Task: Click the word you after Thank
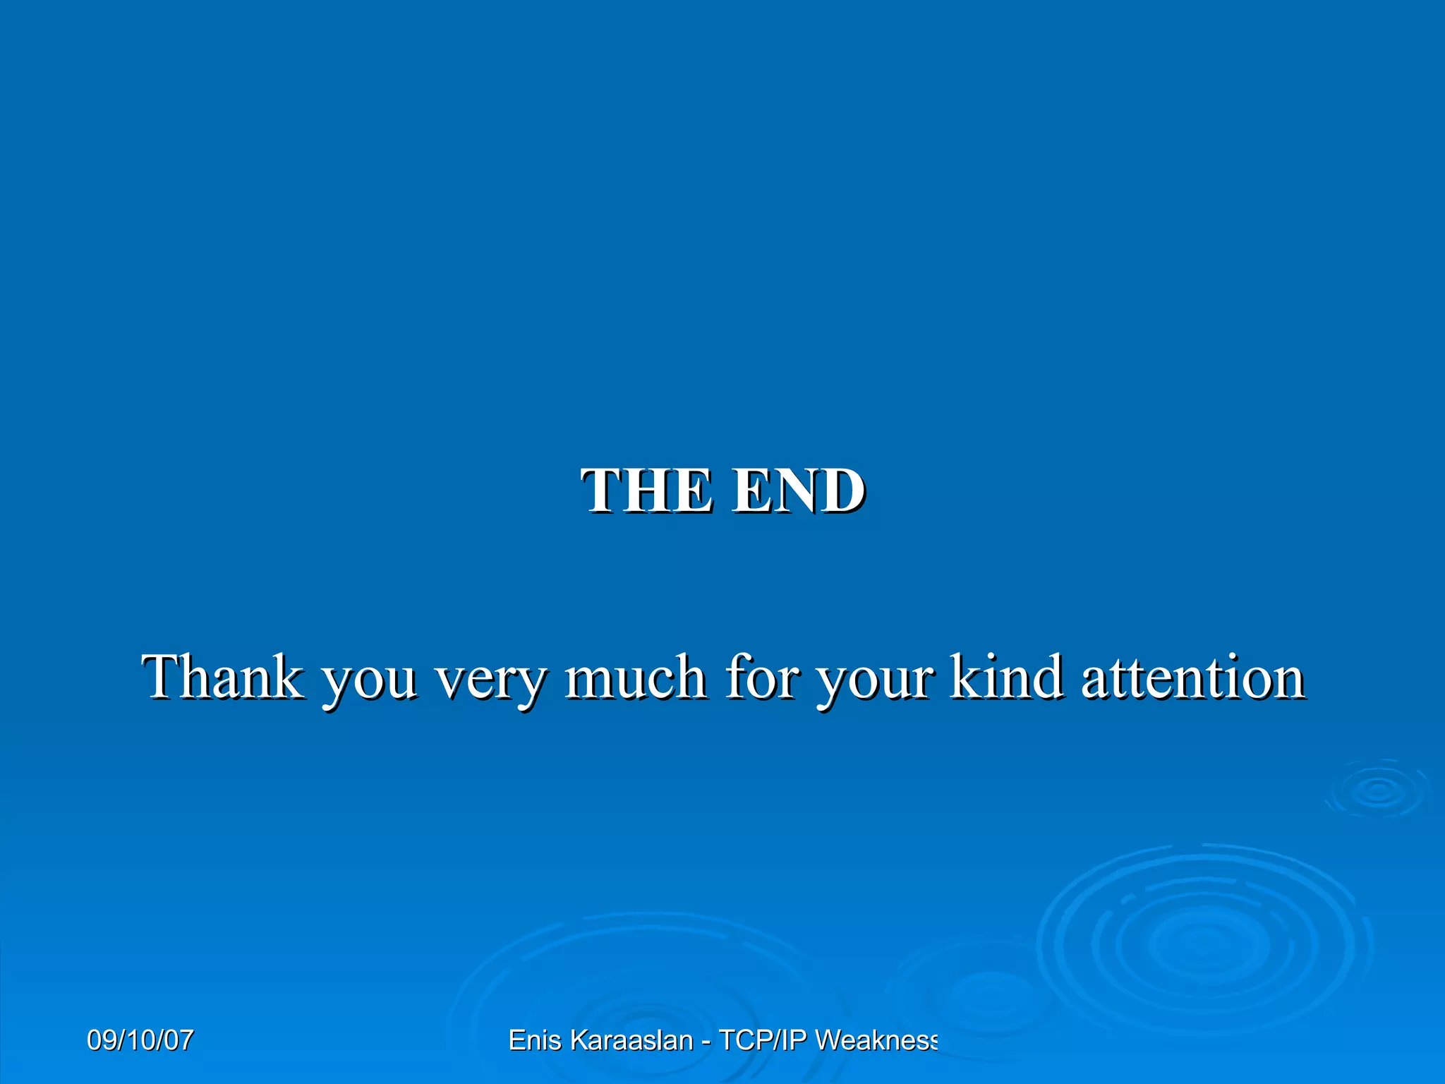coord(368,681)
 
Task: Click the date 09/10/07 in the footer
coord(140,1040)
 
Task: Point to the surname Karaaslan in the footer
coord(631,1040)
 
